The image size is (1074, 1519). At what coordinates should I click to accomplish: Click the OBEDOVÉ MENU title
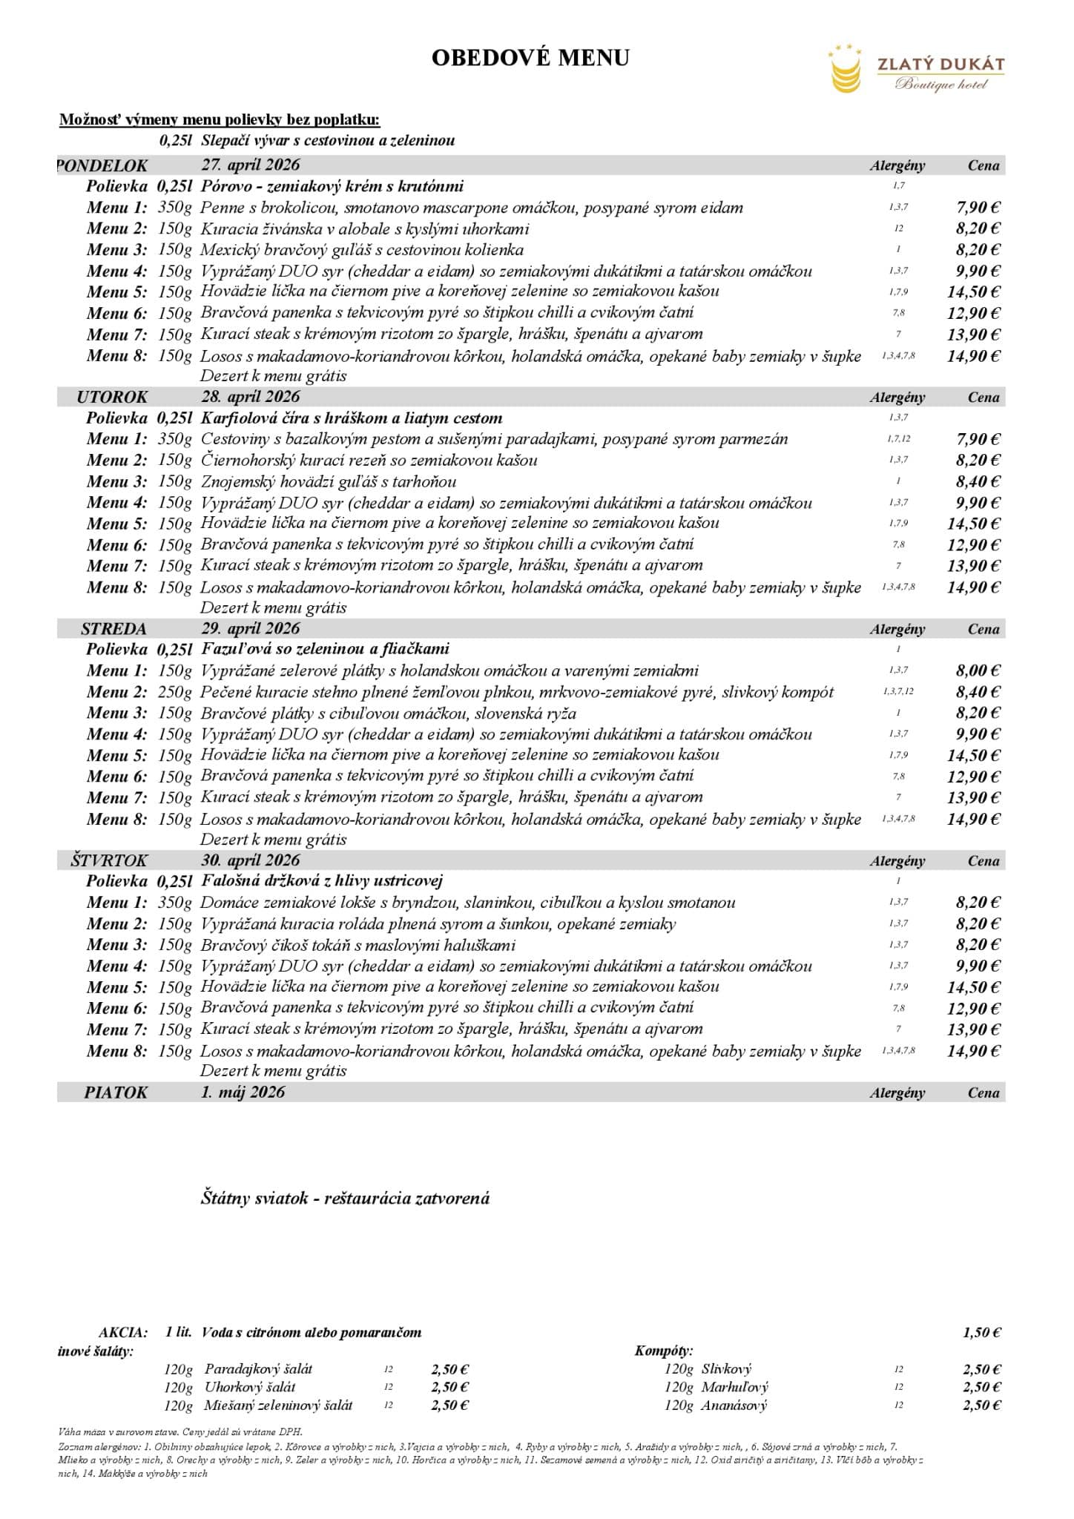tap(530, 58)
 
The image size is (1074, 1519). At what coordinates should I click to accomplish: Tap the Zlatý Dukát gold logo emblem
tap(846, 70)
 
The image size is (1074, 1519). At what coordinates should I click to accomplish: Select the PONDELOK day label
tap(103, 165)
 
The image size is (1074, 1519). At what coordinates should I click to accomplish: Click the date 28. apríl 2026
tap(250, 397)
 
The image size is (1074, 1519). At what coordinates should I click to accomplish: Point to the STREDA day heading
tap(113, 629)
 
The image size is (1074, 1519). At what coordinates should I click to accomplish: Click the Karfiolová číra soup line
tap(351, 418)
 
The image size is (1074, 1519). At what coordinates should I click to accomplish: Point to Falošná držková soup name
tap(321, 881)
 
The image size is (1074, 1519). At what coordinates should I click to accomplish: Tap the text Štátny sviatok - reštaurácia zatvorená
tap(345, 1198)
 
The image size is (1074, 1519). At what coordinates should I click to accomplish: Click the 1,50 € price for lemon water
tap(982, 1333)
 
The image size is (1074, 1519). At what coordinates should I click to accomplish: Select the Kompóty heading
tap(663, 1351)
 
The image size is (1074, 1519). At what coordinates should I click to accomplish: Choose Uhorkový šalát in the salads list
tap(250, 1387)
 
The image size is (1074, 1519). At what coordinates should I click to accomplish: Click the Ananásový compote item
tap(734, 1406)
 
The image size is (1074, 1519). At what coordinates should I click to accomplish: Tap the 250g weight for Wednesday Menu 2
tap(175, 693)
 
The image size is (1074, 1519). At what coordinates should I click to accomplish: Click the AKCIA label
tap(123, 1333)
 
